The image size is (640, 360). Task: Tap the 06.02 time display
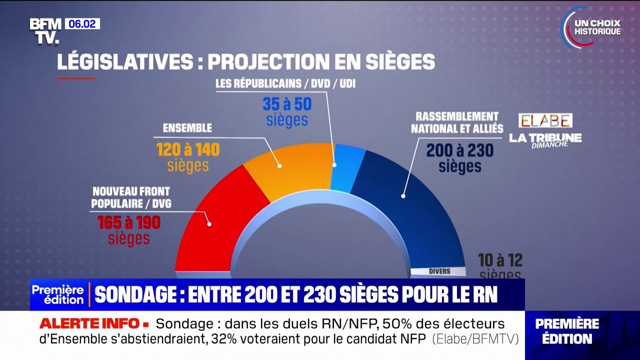click(82, 23)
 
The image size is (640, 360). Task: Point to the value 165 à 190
click(129, 223)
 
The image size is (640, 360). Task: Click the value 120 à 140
click(188, 150)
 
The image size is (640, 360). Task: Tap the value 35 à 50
click(287, 104)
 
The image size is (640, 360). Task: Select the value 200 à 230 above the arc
click(459, 150)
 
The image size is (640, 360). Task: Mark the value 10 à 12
click(500, 260)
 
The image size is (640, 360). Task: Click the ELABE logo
click(545, 120)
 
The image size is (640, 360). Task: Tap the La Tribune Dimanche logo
click(545, 139)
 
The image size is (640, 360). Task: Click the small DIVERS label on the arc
click(439, 271)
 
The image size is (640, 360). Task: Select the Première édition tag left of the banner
click(58, 295)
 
